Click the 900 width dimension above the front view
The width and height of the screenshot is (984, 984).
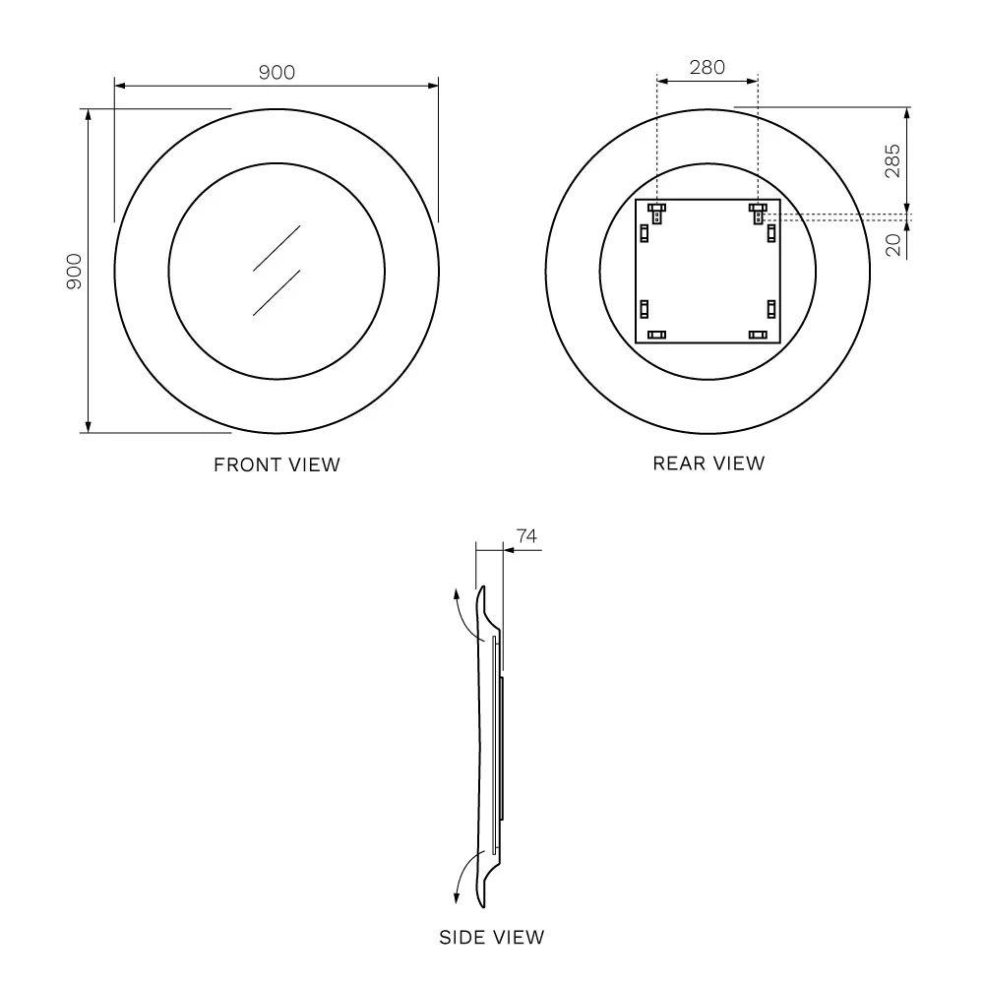click(x=277, y=72)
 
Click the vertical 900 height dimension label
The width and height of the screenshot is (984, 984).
click(x=74, y=272)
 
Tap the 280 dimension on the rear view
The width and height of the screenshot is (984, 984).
click(x=707, y=67)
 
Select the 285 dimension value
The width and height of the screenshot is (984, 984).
click(x=892, y=161)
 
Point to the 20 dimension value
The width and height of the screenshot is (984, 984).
click(x=893, y=245)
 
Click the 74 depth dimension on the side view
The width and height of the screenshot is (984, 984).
click(x=526, y=536)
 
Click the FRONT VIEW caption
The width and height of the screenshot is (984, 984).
click(x=277, y=465)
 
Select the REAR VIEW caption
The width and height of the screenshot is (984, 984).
click(x=708, y=463)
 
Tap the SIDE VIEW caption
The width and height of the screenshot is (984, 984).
click(x=491, y=938)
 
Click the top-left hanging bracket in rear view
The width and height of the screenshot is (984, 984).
click(x=657, y=213)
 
